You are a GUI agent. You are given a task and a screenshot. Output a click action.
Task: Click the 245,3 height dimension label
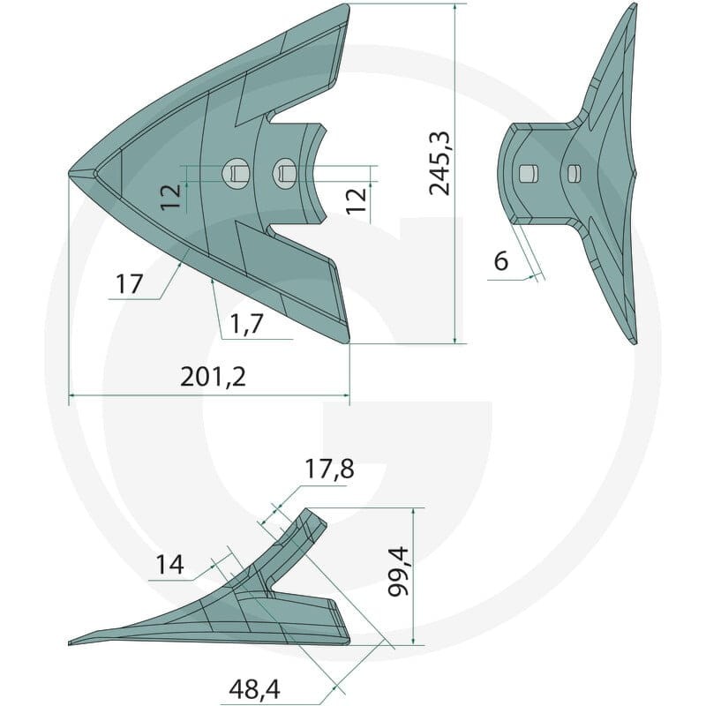[439, 164]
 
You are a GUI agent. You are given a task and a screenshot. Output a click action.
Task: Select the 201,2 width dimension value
[213, 377]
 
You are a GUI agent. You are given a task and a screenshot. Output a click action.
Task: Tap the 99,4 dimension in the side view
[399, 571]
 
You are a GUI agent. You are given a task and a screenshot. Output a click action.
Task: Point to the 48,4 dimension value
[254, 689]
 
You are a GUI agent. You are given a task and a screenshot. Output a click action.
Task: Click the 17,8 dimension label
[329, 469]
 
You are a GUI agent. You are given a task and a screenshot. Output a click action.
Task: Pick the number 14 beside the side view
[169, 564]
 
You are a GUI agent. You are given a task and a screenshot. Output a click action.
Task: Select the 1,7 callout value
[246, 323]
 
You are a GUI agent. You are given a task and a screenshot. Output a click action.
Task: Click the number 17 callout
[129, 284]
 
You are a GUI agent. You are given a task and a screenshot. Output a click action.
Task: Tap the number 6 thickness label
[501, 260]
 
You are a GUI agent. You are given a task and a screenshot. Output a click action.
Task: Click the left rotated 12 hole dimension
[171, 197]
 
